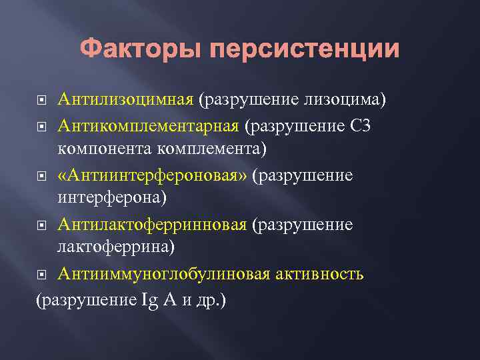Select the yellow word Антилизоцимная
(x=125, y=100)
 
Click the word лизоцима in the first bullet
(x=339, y=100)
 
